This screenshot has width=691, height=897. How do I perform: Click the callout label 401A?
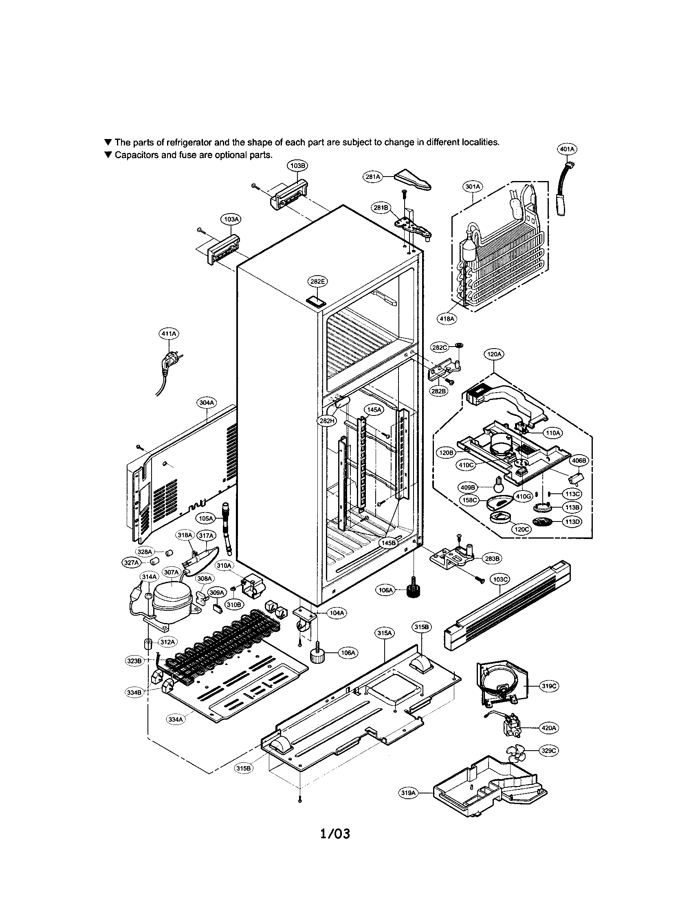[567, 149]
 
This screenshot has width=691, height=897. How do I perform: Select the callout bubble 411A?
[168, 334]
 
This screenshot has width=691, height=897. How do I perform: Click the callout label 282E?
[317, 281]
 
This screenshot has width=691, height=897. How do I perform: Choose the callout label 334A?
[175, 719]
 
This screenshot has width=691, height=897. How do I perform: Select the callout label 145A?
[374, 409]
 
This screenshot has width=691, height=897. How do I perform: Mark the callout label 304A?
[207, 403]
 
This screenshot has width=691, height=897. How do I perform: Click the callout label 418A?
[447, 318]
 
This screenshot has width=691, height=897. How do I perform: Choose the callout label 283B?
[493, 559]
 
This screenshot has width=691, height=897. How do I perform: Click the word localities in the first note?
[480, 142]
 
